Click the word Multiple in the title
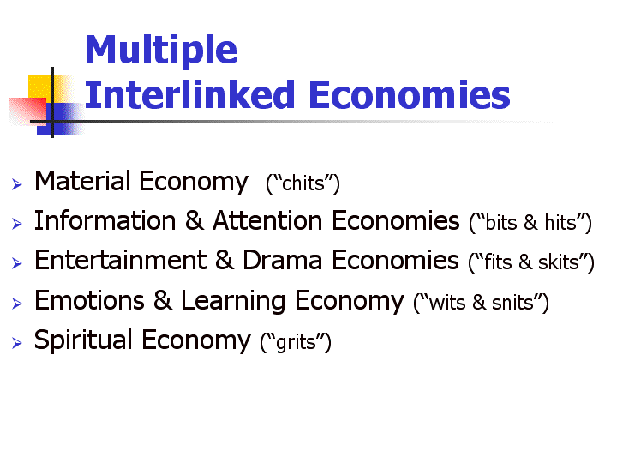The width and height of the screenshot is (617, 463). click(x=161, y=50)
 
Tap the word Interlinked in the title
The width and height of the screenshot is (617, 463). click(x=190, y=94)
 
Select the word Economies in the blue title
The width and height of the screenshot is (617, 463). click(x=410, y=94)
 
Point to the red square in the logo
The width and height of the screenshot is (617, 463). click(x=27, y=111)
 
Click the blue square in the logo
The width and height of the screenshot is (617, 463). click(x=59, y=119)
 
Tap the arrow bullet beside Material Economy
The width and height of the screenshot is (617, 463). click(x=17, y=183)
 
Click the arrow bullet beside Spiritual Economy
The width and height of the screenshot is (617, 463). click(x=17, y=342)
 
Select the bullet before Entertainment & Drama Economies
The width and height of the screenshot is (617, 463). click(x=17, y=262)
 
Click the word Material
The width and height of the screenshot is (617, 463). click(x=82, y=181)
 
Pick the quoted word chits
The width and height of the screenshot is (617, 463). click(x=303, y=183)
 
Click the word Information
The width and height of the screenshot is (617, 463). click(x=105, y=220)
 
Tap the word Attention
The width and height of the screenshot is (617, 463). click(x=267, y=220)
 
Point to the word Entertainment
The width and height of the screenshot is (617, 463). click(x=121, y=261)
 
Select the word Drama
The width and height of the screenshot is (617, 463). click(x=283, y=261)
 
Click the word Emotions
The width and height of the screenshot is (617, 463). click(x=89, y=300)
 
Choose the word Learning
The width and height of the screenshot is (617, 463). click(x=233, y=302)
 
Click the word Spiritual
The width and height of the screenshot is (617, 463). click(x=83, y=340)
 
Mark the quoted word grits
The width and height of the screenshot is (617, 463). click(x=296, y=342)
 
